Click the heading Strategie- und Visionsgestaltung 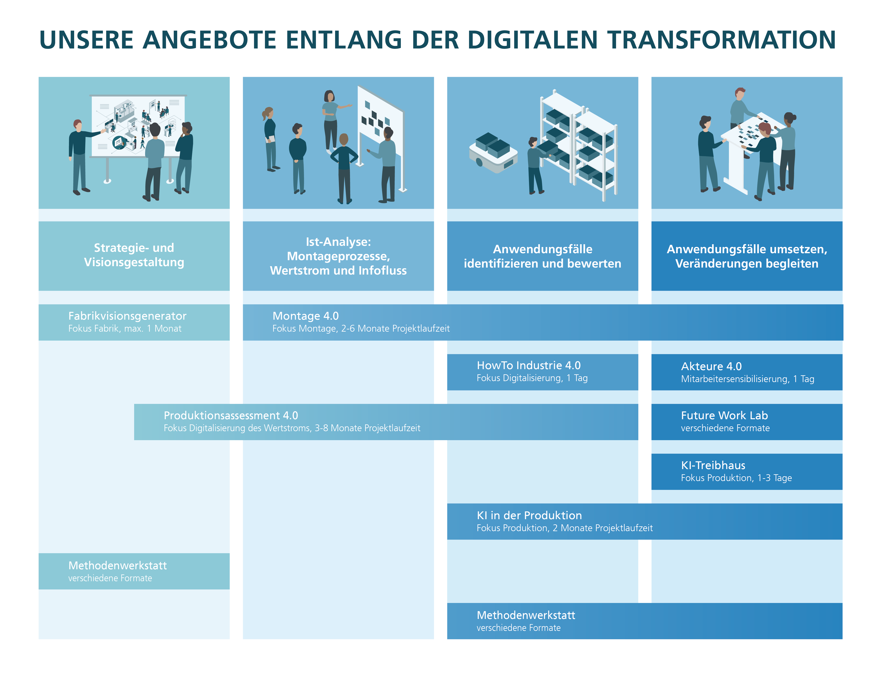[134, 255]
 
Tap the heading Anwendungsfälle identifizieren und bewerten [543, 256]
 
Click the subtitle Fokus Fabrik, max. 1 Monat [125, 329]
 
